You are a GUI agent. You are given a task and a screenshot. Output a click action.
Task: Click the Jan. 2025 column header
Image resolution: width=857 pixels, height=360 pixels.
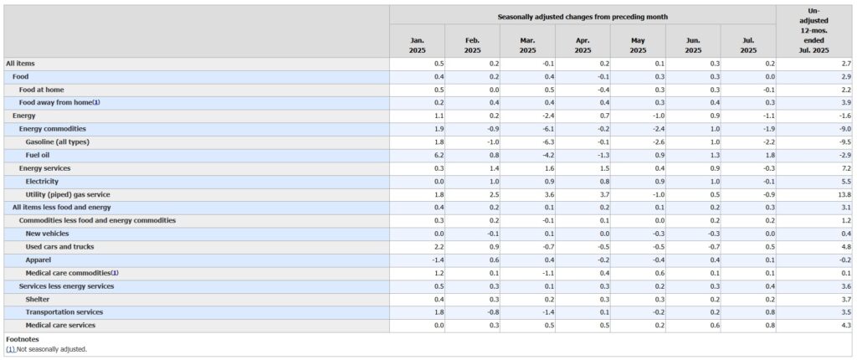pyautogui.click(x=417, y=45)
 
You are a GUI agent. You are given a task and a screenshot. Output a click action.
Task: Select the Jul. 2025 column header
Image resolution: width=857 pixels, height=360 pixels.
pyautogui.click(x=748, y=45)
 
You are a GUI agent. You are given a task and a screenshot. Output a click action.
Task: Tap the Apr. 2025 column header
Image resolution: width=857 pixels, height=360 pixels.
pyautogui.click(x=582, y=45)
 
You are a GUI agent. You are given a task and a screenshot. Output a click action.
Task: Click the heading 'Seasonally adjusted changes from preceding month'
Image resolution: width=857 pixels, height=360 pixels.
pyautogui.click(x=582, y=17)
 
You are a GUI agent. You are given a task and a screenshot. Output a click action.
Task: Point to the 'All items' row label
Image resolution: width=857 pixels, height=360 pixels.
pyautogui.click(x=20, y=64)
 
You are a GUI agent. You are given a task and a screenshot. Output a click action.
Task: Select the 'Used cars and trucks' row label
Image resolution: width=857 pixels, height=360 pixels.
pyautogui.click(x=59, y=247)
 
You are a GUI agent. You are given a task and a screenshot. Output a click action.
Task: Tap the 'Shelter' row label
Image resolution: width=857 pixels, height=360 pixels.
pyautogui.click(x=38, y=299)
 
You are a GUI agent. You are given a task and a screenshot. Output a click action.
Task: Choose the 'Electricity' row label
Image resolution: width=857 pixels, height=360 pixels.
pyautogui.click(x=42, y=181)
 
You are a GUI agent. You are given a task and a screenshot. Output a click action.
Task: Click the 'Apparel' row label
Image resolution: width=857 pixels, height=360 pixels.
pyautogui.click(x=38, y=260)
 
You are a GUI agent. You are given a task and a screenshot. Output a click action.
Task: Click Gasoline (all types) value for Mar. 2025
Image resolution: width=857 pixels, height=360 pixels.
pyautogui.click(x=548, y=141)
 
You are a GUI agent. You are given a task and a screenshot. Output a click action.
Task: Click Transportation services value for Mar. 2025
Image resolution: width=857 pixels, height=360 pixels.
pyautogui.click(x=548, y=312)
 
